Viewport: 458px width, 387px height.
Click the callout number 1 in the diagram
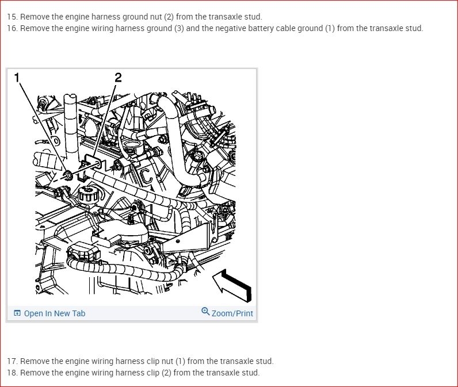pyautogui.click(x=17, y=78)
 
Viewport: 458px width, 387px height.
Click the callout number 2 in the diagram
pyautogui.click(x=118, y=78)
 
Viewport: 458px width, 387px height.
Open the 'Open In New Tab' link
pyautogui.click(x=55, y=313)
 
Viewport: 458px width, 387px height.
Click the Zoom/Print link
pyautogui.click(x=232, y=313)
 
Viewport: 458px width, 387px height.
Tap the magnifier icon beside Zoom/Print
pyautogui.click(x=205, y=312)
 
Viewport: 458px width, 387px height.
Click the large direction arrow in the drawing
pyautogui.click(x=232, y=285)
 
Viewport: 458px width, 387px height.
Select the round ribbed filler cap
pyautogui.click(x=88, y=193)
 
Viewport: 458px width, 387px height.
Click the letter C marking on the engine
pyautogui.click(x=146, y=177)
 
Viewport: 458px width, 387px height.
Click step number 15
pyautogui.click(x=12, y=17)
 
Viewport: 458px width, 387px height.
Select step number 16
pyautogui.click(x=12, y=28)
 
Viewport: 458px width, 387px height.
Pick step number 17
pyautogui.click(x=12, y=361)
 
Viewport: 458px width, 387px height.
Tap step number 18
pyautogui.click(x=12, y=373)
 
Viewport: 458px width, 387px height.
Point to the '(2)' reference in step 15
pyautogui.click(x=169, y=17)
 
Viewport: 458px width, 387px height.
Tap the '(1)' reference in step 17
pyautogui.click(x=180, y=361)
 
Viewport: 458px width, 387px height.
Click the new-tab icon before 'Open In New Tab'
pyautogui.click(x=17, y=313)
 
